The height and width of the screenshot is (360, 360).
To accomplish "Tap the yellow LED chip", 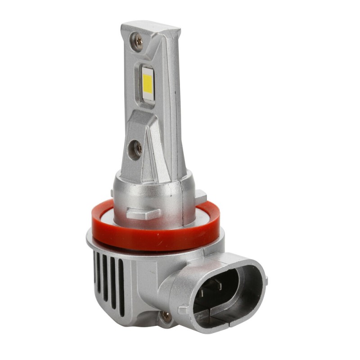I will coord(147,81).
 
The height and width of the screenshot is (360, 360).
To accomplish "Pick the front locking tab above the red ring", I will coord(143,213).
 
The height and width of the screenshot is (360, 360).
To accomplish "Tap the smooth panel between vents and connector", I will coord(139,288).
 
